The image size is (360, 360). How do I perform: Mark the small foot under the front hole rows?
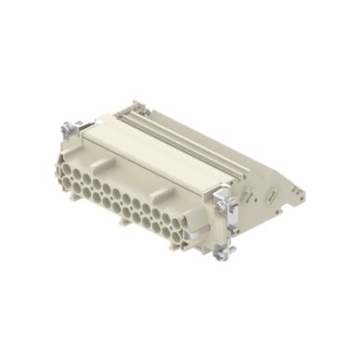[123, 223]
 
